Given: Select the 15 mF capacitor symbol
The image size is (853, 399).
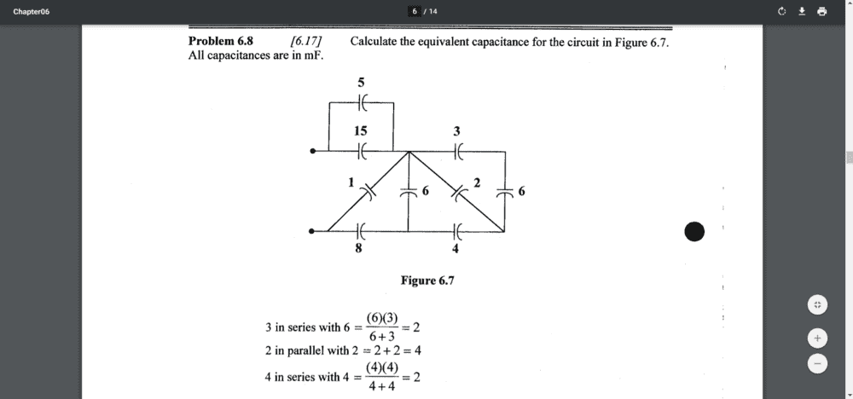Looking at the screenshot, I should tap(362, 152).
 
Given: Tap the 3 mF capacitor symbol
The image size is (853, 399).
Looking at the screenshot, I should tap(457, 152).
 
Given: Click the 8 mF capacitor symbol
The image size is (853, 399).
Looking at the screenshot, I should tap(360, 230).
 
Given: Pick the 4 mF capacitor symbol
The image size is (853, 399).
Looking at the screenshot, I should tap(457, 230).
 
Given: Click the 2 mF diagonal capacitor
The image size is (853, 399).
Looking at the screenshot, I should tap(458, 192).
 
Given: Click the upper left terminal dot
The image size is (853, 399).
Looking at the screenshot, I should tap(313, 152).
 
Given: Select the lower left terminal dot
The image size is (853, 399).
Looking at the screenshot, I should tap(313, 230).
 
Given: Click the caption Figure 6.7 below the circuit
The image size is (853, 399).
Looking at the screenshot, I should tap(427, 280).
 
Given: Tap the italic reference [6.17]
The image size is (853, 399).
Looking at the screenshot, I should tap(305, 41).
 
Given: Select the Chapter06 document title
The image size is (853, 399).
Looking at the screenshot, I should tap(32, 11).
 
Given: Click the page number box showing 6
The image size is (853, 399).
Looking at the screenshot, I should tap(415, 11).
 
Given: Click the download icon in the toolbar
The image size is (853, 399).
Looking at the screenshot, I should tap(802, 11).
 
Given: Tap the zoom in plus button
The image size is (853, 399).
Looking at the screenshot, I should tap(816, 338).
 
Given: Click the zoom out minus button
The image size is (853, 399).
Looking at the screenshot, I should tap(816, 363).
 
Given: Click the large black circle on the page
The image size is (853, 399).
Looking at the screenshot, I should tap(695, 231).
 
